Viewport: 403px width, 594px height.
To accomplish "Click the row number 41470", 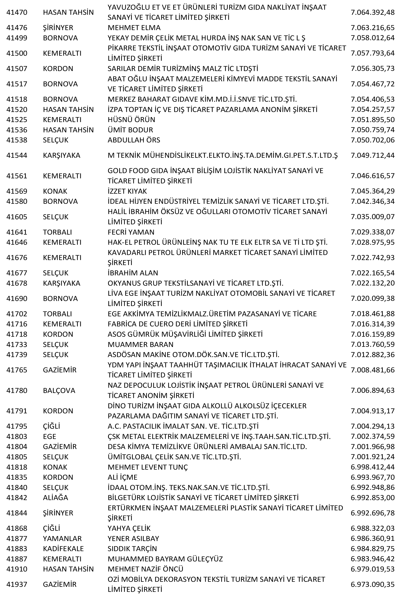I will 17,12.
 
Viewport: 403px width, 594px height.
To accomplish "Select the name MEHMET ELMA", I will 134,28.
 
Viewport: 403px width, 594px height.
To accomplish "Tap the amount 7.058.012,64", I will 372,38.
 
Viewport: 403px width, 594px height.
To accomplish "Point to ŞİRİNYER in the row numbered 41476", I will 58,28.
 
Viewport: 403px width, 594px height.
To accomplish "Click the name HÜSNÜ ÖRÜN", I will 131,120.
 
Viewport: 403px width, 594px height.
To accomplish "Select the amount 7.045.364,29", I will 372,191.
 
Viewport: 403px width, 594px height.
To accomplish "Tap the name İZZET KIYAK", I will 127,191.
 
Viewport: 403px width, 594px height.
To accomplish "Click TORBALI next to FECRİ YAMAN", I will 57,232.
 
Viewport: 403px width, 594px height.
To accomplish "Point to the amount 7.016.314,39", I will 372,324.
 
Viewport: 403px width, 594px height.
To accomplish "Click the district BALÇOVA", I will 59,390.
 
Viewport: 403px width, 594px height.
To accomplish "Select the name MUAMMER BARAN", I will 140,344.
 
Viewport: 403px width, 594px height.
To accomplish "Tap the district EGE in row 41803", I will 50,436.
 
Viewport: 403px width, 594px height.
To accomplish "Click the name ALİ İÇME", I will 123,477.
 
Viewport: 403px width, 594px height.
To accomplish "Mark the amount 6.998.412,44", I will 372,467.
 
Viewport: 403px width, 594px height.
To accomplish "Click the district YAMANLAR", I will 62,539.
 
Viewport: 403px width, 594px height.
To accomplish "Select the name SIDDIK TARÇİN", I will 132,549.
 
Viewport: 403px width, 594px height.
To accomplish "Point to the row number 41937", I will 17,577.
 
